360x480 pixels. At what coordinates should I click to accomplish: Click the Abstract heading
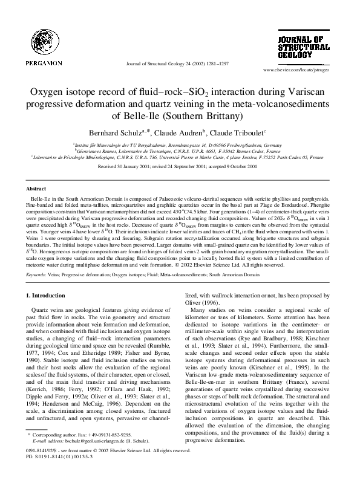[38, 189]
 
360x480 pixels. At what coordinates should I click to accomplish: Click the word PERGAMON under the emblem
[44, 62]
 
